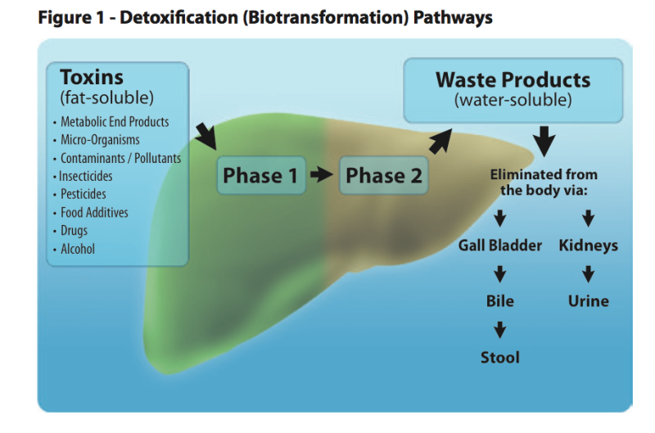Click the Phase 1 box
click(260, 175)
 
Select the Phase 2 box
click(383, 175)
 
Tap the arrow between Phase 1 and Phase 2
click(322, 175)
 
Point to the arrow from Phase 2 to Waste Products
click(440, 141)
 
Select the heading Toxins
click(92, 78)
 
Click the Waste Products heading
click(513, 80)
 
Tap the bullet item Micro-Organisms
click(100, 140)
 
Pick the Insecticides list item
click(86, 176)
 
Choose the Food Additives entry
click(94, 213)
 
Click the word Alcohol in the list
click(78, 249)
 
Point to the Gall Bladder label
click(499, 246)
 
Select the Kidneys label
click(588, 246)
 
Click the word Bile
click(499, 301)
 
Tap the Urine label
click(588, 301)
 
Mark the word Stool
click(499, 357)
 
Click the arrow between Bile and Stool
click(499, 330)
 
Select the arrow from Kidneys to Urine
click(588, 274)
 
